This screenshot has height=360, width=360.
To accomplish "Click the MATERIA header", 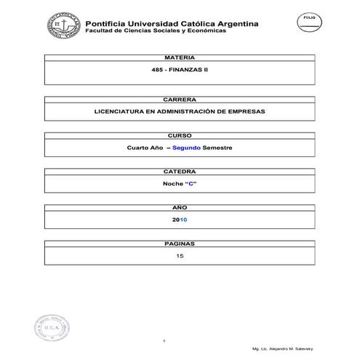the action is [x=180, y=56].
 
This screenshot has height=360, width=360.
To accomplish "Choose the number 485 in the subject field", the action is [x=155, y=71].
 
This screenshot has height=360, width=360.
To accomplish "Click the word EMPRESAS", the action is [x=247, y=112].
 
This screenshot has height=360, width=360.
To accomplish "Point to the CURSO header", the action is [x=180, y=135].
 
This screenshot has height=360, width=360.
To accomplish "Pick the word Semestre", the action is [x=217, y=148].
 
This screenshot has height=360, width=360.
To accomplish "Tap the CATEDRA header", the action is [x=180, y=171].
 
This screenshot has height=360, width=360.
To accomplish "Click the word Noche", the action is [x=172, y=184].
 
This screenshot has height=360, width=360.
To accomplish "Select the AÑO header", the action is [x=180, y=207].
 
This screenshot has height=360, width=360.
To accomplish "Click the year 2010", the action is [x=180, y=220].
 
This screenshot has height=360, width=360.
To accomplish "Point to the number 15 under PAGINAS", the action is [x=180, y=256].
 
